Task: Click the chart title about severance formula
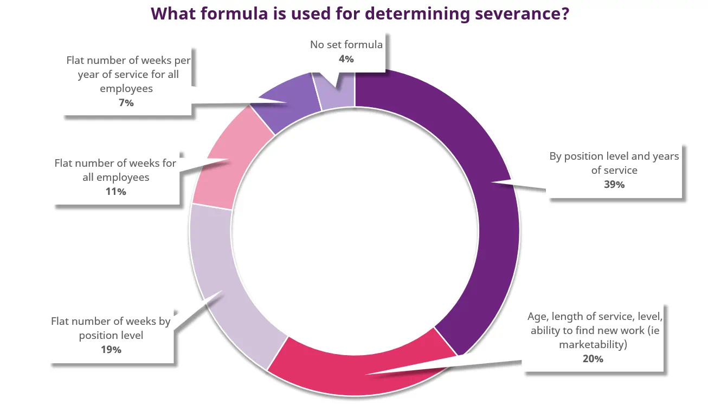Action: (x=359, y=14)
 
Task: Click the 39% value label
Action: (x=614, y=185)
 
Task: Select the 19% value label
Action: (x=111, y=350)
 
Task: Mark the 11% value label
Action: (x=115, y=192)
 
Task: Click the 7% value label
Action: (x=126, y=102)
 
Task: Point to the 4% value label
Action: (x=346, y=59)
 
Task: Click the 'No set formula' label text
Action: (x=346, y=45)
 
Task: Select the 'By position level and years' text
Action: (x=614, y=156)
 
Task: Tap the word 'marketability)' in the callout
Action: (x=593, y=344)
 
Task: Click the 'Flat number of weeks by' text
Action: (x=111, y=322)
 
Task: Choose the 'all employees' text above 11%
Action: (x=115, y=177)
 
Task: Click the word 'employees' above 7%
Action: (x=126, y=88)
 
